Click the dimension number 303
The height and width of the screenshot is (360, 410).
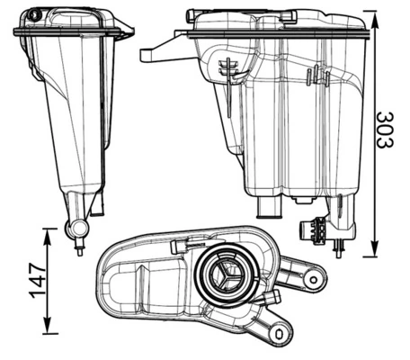pos(384,131)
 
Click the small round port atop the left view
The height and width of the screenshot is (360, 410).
pos(34,15)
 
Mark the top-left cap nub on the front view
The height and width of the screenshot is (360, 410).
pos(192,14)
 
